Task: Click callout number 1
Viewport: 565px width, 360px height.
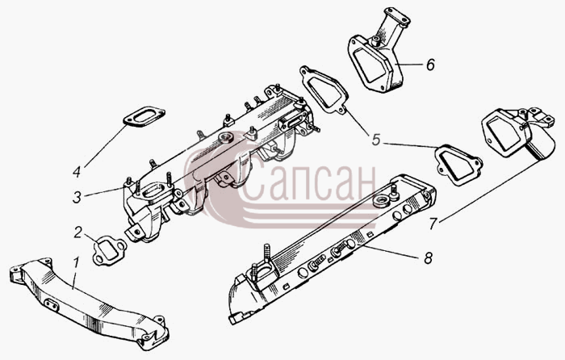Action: tap(76, 264)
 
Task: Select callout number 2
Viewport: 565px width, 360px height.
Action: tap(78, 232)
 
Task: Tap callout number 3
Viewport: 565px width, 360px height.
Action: tap(77, 198)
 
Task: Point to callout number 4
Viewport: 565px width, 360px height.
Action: tap(77, 172)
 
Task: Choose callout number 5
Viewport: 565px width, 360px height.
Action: tap(376, 140)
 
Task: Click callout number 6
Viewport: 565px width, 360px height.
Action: tap(430, 65)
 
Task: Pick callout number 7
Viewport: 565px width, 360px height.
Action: tap(433, 224)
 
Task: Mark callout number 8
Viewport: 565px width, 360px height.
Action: tap(428, 258)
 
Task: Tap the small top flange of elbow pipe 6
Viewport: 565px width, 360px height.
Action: tap(397, 16)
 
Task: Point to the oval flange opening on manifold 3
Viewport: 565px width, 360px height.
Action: tap(153, 190)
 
